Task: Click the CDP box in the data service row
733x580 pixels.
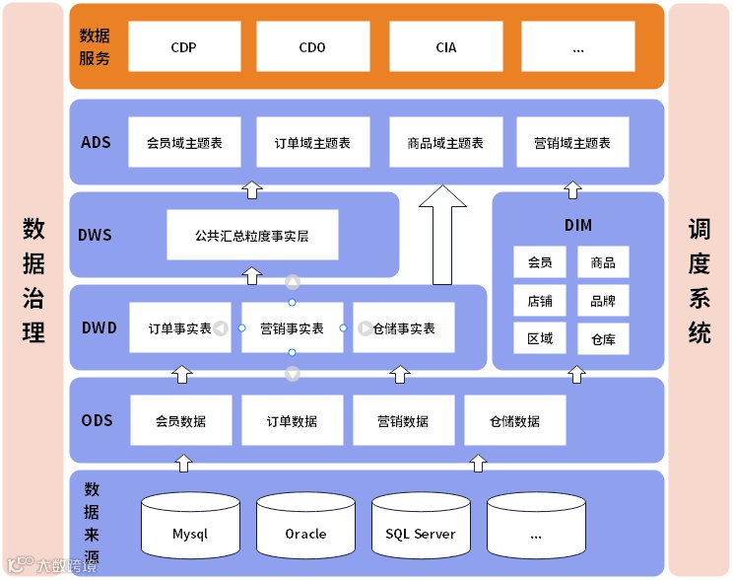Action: (x=184, y=47)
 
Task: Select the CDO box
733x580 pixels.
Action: (x=312, y=47)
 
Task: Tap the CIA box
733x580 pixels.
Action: (x=445, y=47)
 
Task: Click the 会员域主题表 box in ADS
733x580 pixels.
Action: (x=184, y=143)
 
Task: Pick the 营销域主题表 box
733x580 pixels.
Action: (x=571, y=143)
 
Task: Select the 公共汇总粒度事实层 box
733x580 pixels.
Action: (x=252, y=235)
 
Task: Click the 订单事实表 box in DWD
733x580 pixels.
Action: (x=180, y=328)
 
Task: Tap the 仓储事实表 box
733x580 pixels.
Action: (x=404, y=328)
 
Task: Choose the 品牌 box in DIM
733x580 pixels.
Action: (x=603, y=300)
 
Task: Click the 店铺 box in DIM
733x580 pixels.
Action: (x=539, y=300)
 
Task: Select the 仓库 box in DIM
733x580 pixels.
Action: (x=603, y=338)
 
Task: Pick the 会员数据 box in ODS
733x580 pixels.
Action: (x=181, y=421)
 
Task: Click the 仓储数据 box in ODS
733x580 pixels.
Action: (x=515, y=421)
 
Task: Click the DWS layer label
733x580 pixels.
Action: (x=95, y=235)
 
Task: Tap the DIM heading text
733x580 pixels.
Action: (x=578, y=225)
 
